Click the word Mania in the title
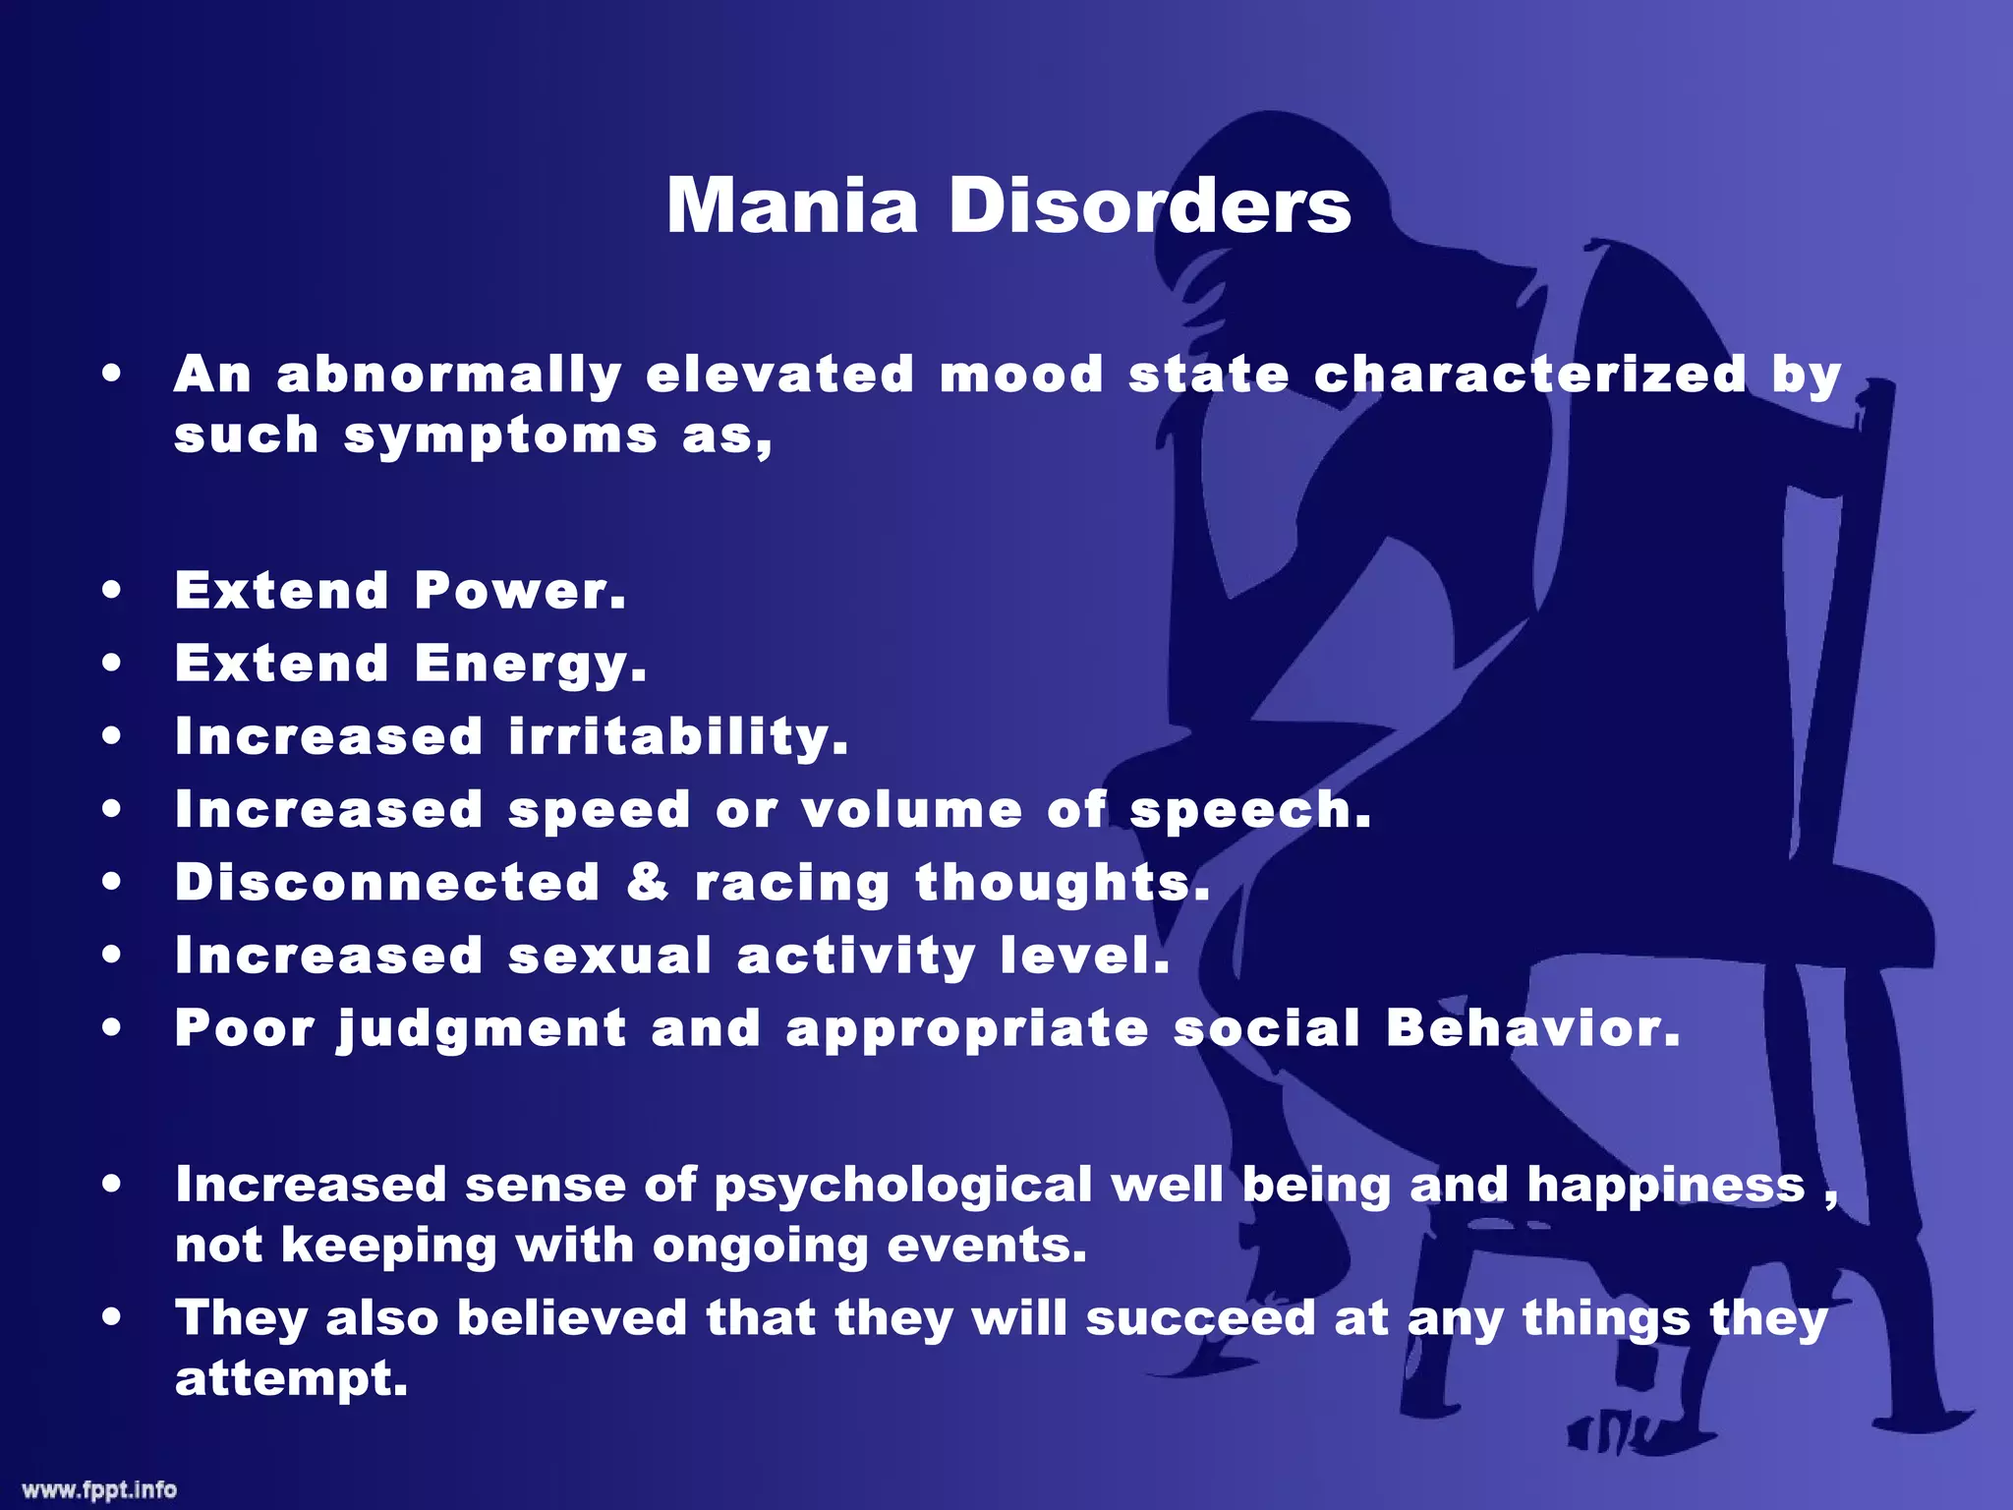[792, 206]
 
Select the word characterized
[1529, 375]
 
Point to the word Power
[520, 591]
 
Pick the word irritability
[678, 737]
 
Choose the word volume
[911, 810]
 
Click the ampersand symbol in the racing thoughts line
[648, 882]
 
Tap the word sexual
[609, 956]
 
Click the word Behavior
[1533, 1028]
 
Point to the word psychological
[902, 1186]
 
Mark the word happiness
[1666, 1186]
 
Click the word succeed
[1200, 1318]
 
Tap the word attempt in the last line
[291, 1378]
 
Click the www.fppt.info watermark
[99, 1489]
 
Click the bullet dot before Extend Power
[112, 591]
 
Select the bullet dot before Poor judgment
[112, 1028]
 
